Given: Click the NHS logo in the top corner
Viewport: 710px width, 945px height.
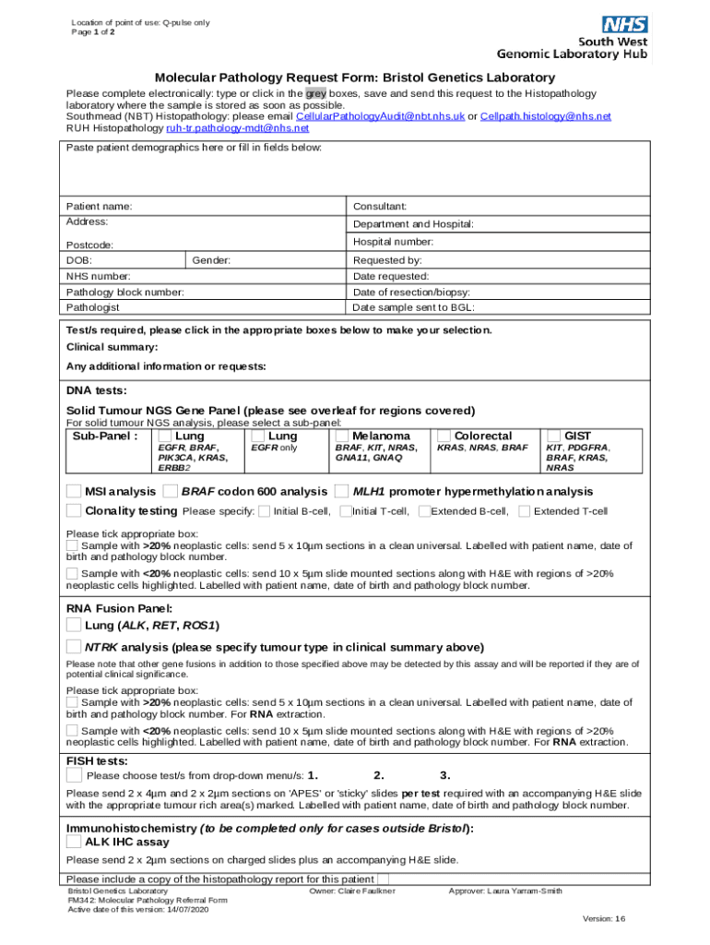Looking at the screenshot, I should [623, 27].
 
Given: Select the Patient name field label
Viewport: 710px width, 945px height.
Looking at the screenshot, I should [99, 206].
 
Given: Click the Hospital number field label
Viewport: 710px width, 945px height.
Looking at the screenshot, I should [393, 242].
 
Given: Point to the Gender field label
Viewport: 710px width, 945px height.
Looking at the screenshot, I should [211, 261].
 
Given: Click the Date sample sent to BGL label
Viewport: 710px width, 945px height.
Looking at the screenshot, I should [413, 307].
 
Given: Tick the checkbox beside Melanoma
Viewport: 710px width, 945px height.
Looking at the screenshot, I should [342, 436].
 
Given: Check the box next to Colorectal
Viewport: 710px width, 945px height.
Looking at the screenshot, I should [444, 436].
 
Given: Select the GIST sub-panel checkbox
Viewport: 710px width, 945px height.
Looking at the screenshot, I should [553, 436].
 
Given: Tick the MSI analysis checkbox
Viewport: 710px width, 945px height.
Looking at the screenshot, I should [74, 491].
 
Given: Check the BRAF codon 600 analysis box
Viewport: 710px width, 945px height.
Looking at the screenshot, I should [170, 491].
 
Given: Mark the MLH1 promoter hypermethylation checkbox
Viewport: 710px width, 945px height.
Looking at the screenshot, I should [341, 491].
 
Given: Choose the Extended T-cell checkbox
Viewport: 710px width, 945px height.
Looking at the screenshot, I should [524, 510].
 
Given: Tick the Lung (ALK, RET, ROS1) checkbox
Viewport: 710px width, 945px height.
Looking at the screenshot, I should [74, 625].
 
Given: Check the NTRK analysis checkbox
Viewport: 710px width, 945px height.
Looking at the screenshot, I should [74, 647].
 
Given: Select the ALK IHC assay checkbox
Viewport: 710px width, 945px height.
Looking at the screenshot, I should [74, 842].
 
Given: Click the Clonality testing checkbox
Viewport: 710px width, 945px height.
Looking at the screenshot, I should [74, 510].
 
